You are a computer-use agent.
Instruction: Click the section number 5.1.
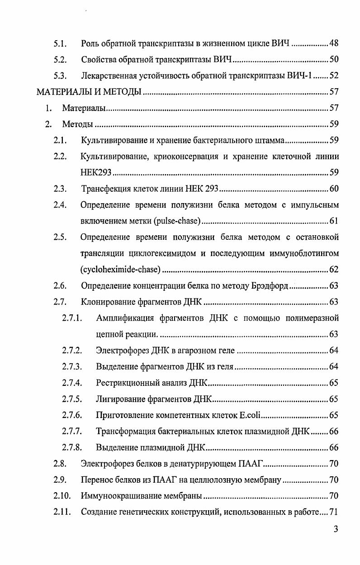click(x=60, y=44)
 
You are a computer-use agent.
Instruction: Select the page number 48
click(x=334, y=44)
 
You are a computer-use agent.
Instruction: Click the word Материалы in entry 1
click(x=84, y=109)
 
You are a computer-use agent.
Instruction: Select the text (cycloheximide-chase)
click(x=120, y=270)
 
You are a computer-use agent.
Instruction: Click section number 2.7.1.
click(x=72, y=318)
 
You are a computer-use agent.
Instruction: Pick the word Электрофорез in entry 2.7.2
click(x=123, y=351)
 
